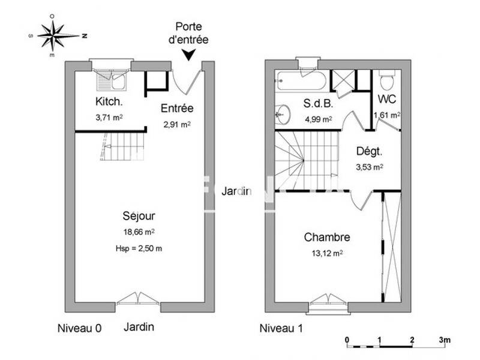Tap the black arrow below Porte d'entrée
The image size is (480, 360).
click(x=189, y=55)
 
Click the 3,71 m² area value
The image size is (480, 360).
click(x=109, y=118)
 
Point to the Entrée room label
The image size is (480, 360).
click(x=177, y=109)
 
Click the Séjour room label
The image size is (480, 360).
click(x=139, y=215)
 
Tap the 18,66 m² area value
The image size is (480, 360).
click(x=139, y=231)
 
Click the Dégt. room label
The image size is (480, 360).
click(x=369, y=152)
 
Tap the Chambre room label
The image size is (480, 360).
click(x=327, y=237)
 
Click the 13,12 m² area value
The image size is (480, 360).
click(x=327, y=253)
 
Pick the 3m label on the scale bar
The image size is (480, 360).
click(x=445, y=340)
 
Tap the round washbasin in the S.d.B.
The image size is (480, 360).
click(x=283, y=113)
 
